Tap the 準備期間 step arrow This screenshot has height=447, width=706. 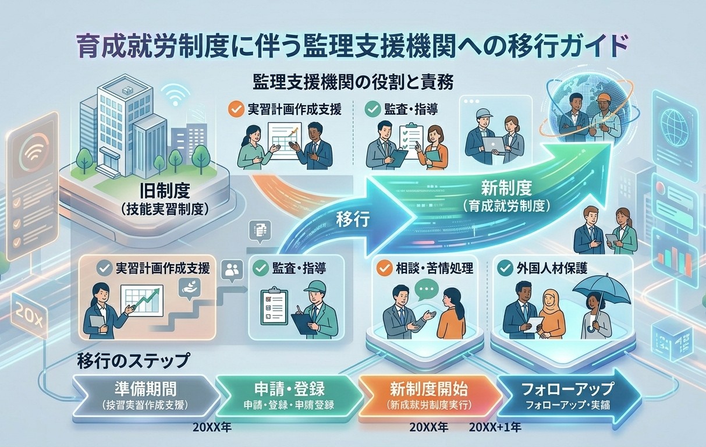coord(146,394)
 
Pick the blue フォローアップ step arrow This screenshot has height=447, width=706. coord(567,394)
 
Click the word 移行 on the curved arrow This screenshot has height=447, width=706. coord(353,220)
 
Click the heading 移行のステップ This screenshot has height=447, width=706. coord(133,361)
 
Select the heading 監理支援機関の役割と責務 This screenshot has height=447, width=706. coord(353,81)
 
